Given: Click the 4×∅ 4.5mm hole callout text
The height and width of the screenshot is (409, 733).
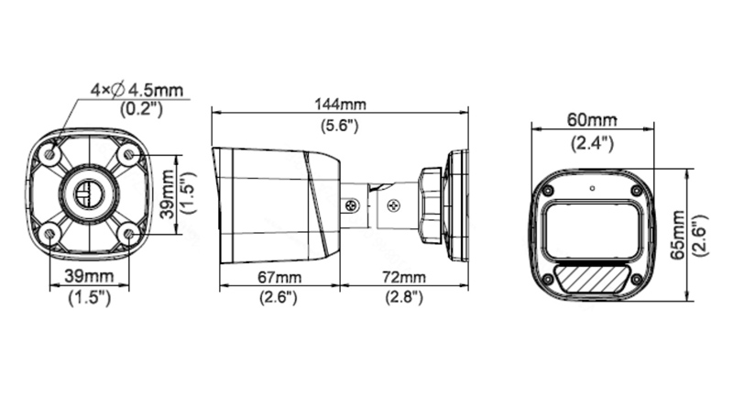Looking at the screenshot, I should click(x=137, y=89).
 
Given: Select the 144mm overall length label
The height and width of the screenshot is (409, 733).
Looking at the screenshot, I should click(x=339, y=105).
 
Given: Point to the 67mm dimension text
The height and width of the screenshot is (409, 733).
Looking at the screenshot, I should click(x=276, y=277).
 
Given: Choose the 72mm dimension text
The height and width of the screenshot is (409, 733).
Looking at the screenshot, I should click(x=403, y=277).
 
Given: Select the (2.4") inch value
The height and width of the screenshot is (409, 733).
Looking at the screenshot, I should click(x=592, y=142).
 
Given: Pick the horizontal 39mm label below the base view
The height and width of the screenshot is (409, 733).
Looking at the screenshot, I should click(x=89, y=277).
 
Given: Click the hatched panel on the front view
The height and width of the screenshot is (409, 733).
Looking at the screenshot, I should click(x=592, y=276).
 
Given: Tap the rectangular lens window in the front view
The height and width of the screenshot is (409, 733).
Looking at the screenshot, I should click(x=592, y=230).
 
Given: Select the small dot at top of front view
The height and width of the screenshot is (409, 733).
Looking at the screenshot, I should click(x=592, y=189).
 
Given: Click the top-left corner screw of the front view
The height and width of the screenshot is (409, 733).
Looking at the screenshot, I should click(x=547, y=190).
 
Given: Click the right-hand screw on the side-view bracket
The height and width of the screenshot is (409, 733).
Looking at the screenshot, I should click(x=392, y=206).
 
